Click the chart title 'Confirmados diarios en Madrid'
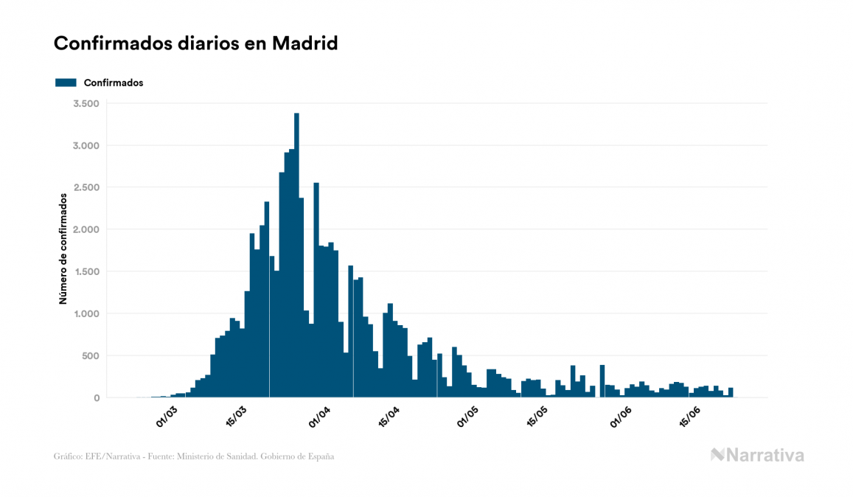tap(195, 44)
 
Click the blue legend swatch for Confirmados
tap(66, 83)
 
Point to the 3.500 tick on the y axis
tap(86, 103)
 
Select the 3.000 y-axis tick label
tap(86, 145)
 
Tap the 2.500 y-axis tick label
tap(86, 187)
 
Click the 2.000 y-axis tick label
tap(86, 229)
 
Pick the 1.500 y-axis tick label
tap(86, 271)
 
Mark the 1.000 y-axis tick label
tap(86, 313)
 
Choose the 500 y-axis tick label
tap(90, 355)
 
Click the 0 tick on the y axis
tap(96, 398)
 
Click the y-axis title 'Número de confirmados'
tap(64, 249)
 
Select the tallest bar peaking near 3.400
tap(296, 258)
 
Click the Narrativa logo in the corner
tap(757, 455)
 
